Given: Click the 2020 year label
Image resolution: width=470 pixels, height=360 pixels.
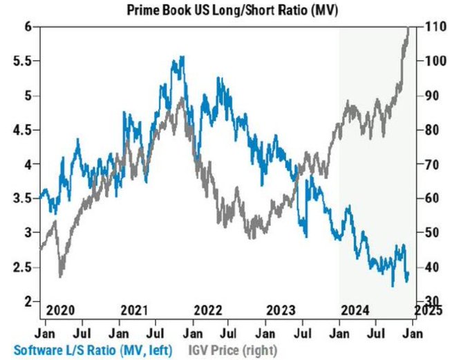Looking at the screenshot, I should [x=59, y=309].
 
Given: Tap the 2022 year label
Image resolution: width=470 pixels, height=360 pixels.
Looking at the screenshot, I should [x=208, y=309].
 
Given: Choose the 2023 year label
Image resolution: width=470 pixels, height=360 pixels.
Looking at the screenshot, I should [x=282, y=309].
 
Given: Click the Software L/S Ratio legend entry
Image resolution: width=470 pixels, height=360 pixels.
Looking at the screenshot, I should [x=86, y=350].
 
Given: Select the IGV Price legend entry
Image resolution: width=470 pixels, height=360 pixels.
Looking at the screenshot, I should [x=223, y=350].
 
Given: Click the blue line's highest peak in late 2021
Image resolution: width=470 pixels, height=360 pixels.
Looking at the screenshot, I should [x=182, y=57].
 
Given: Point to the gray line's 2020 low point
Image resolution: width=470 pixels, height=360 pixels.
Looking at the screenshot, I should [x=61, y=276].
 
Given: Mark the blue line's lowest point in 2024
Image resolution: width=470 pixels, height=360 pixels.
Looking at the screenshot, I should [x=393, y=285].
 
